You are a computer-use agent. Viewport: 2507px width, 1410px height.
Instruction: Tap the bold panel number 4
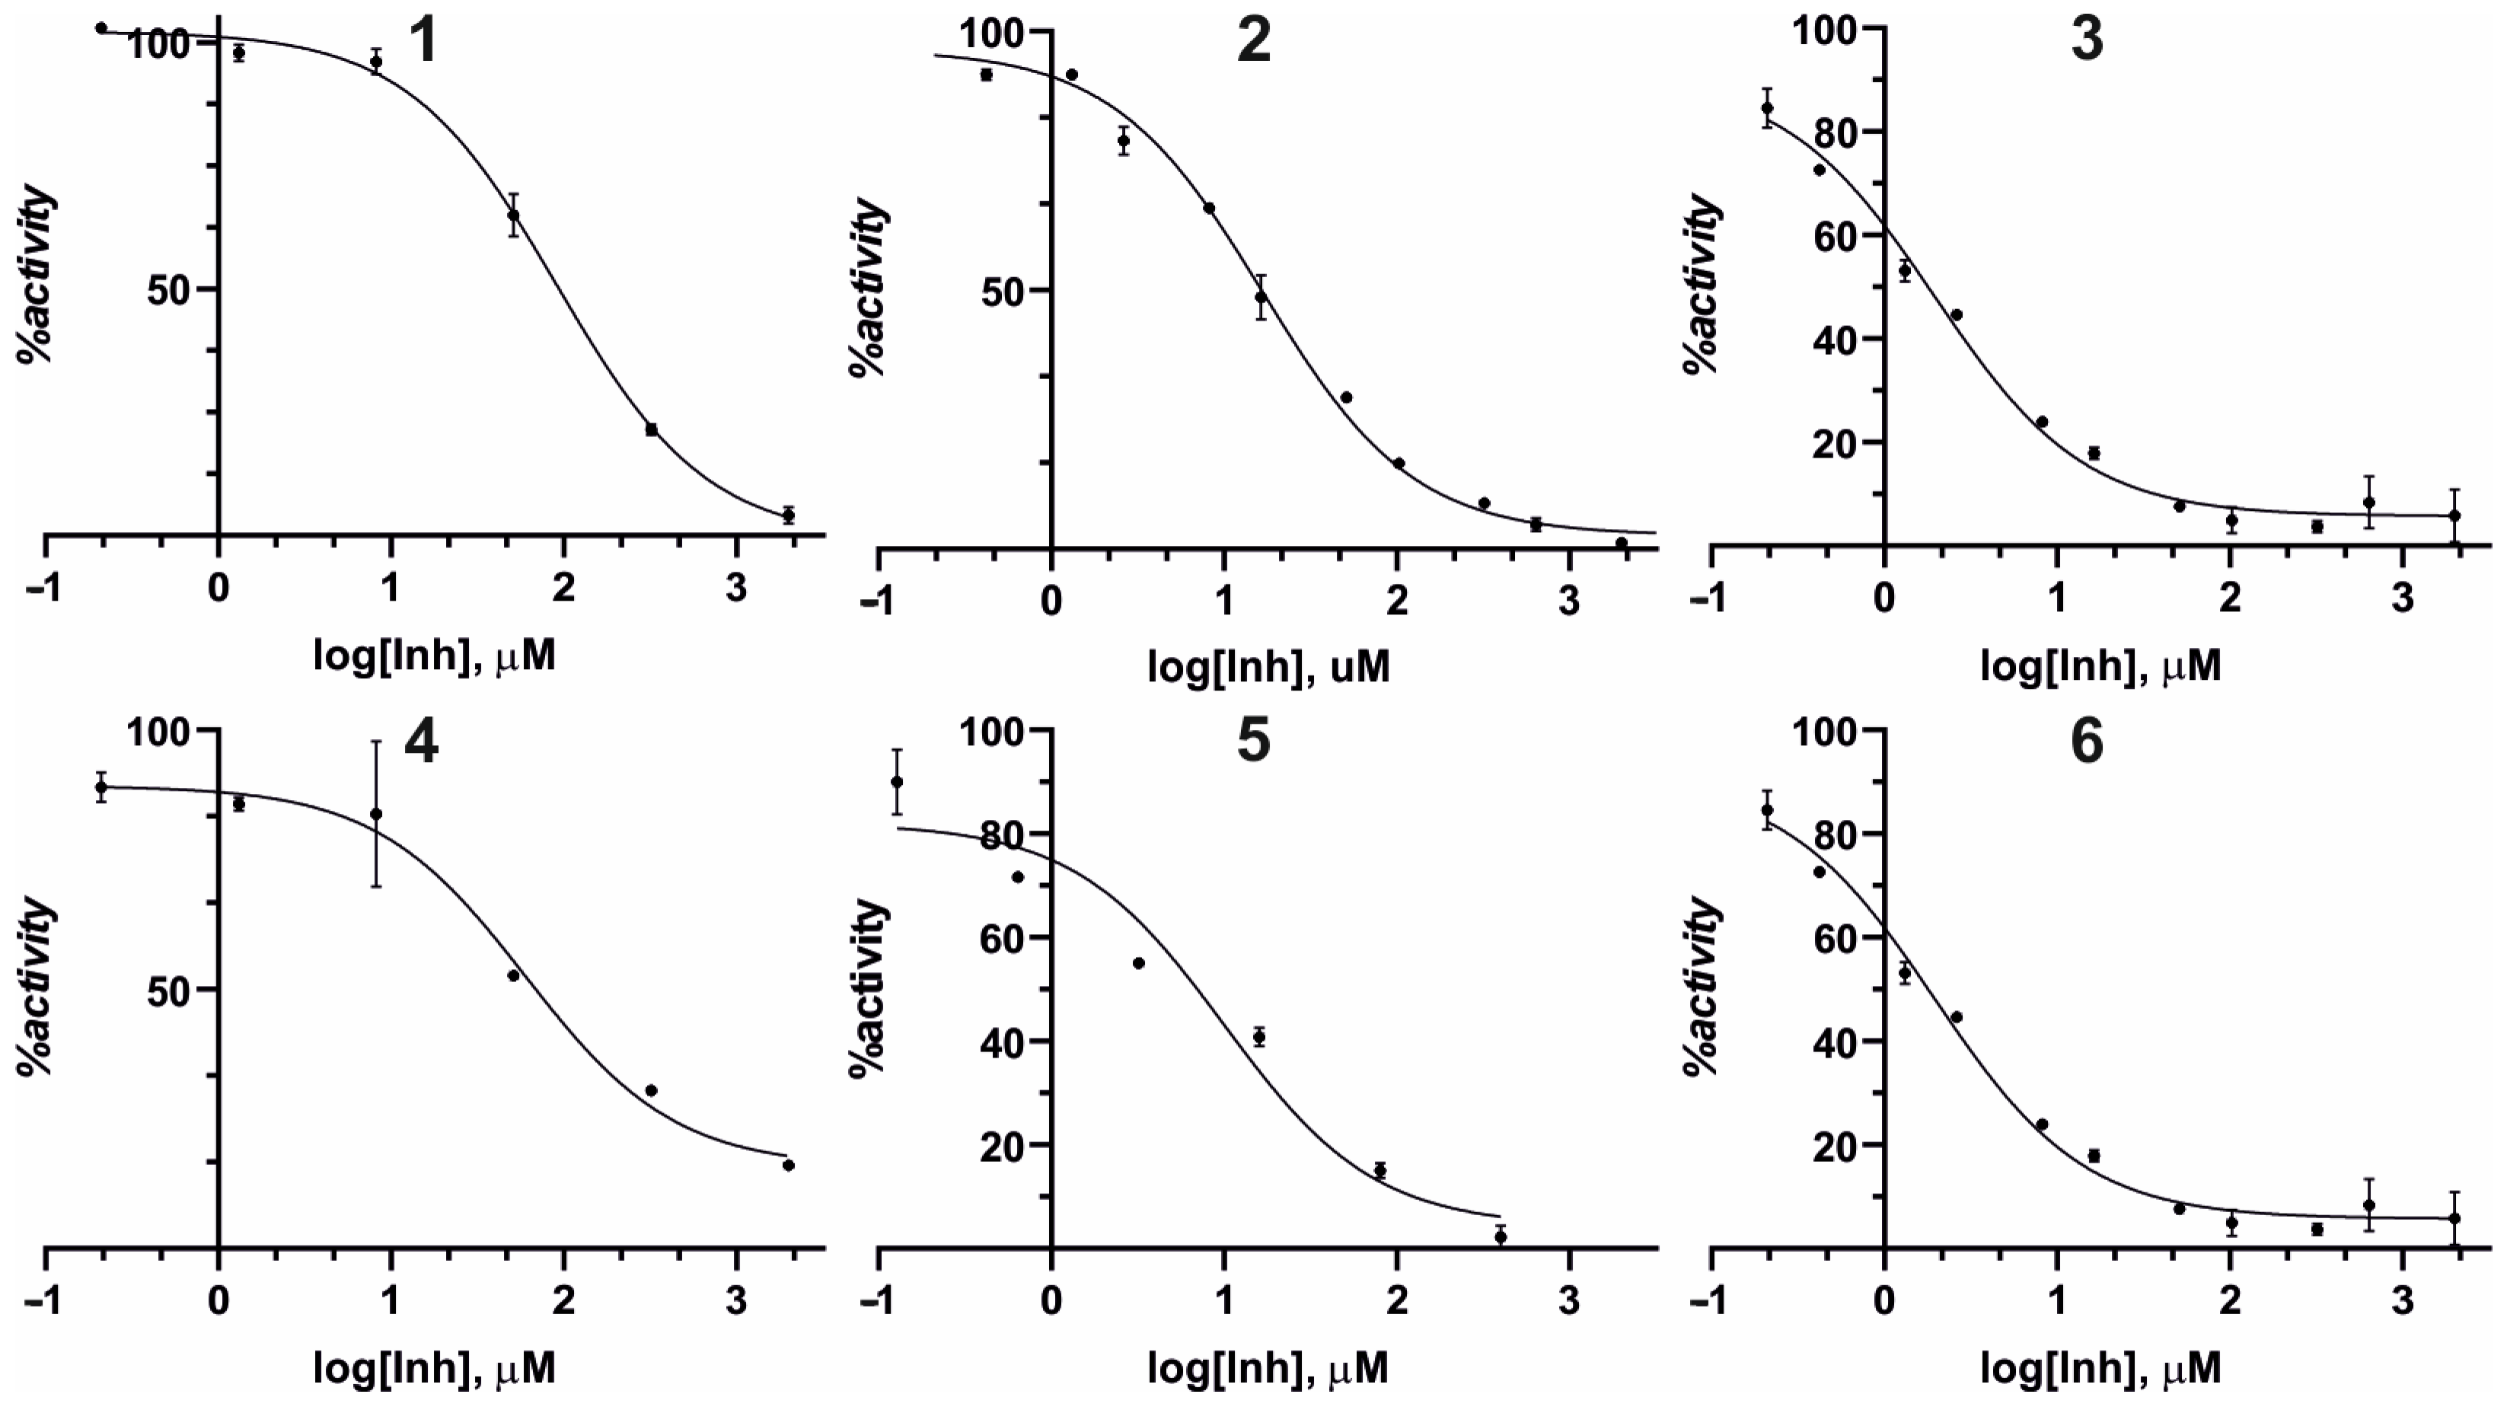click(420, 742)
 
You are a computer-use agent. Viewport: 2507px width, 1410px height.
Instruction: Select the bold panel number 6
click(2087, 742)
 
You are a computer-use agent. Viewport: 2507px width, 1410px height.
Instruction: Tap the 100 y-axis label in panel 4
click(161, 731)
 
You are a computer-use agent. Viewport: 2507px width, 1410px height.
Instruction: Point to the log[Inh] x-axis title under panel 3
click(2101, 668)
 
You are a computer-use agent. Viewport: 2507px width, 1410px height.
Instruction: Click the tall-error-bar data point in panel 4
click(377, 814)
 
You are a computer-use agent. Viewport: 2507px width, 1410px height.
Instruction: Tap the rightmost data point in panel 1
click(788, 515)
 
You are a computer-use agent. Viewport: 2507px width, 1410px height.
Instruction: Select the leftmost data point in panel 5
click(898, 781)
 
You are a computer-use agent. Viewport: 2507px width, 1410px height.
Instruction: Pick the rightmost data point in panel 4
click(788, 1165)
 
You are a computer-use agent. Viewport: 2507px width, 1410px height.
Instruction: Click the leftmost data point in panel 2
click(986, 75)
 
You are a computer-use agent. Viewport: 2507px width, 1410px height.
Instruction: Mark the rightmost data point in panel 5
click(1500, 1236)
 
